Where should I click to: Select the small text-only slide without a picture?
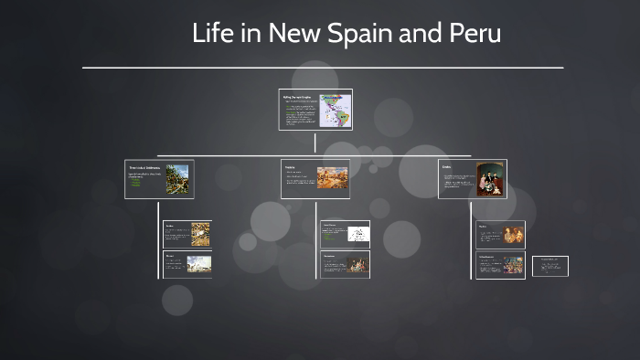click(550, 265)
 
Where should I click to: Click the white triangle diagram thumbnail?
click(357, 235)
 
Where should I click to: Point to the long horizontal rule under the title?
click(323, 68)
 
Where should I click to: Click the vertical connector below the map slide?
click(315, 142)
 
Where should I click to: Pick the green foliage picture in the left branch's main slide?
click(177, 178)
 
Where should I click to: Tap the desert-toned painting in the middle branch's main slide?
click(333, 178)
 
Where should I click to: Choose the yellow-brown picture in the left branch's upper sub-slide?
click(199, 234)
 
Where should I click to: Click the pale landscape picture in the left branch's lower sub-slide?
click(199, 264)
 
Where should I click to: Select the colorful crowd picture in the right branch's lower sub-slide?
click(513, 265)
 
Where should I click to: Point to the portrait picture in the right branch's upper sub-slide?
click(513, 235)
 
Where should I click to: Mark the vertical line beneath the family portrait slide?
click(473, 238)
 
